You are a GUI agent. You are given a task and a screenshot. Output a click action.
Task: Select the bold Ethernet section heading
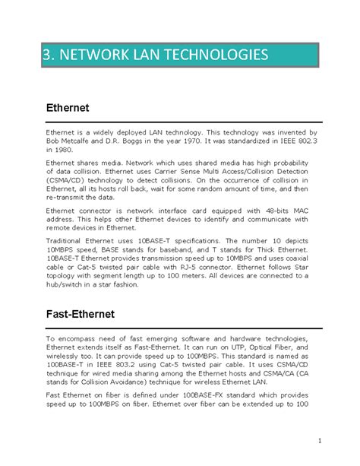pos(68,108)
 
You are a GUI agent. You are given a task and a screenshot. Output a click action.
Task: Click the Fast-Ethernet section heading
pos(81,312)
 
